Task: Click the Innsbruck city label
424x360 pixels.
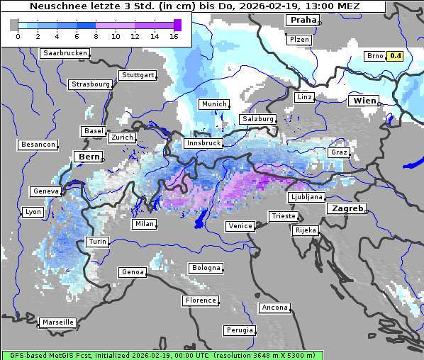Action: pyautogui.click(x=203, y=143)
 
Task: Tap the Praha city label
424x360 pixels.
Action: pyautogui.click(x=303, y=20)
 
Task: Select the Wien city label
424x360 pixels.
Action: pyautogui.click(x=364, y=101)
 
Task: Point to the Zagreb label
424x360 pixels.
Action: pyautogui.click(x=346, y=209)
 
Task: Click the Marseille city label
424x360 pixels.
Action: pyautogui.click(x=57, y=322)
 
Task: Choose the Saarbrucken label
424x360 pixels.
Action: pyautogui.click(x=65, y=53)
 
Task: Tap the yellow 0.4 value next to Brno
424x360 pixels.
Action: pyautogui.click(x=395, y=56)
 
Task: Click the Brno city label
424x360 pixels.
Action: pyautogui.click(x=374, y=56)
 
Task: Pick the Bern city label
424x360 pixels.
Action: pyautogui.click(x=89, y=157)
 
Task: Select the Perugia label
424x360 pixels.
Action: pyautogui.click(x=239, y=330)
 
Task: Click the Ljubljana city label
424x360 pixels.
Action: pyautogui.click(x=306, y=197)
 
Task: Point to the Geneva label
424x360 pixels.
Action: pyautogui.click(x=45, y=191)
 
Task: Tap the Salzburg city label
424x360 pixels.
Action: pyautogui.click(x=257, y=119)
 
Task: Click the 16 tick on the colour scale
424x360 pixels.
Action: pyautogui.click(x=174, y=36)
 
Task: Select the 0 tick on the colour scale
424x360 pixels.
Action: pyautogui.click(x=18, y=36)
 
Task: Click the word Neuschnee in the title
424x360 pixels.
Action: pyautogui.click(x=57, y=6)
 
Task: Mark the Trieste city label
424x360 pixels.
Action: pyautogui.click(x=283, y=216)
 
